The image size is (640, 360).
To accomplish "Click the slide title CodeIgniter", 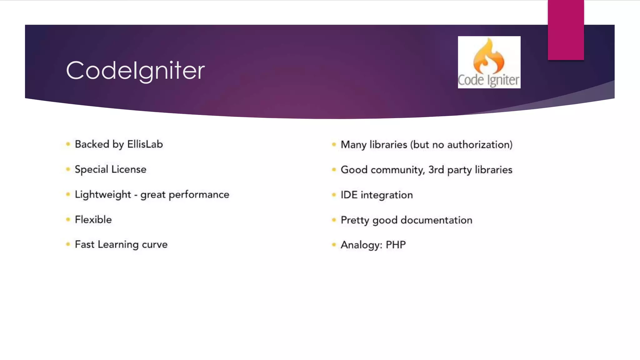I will click(135, 71).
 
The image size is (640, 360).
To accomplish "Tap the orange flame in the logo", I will click(488, 56).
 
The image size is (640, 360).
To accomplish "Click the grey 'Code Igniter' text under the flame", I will click(488, 80).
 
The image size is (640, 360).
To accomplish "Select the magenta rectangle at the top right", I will click(566, 30).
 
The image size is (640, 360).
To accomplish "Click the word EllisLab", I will click(145, 144).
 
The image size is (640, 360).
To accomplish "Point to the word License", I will click(129, 169).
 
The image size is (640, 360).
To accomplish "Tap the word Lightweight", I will click(103, 195).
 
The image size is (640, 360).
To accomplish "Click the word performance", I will click(199, 195).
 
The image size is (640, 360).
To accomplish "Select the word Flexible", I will click(93, 220).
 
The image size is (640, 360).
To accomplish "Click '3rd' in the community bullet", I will click(436, 170).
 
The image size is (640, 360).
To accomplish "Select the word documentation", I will click(436, 220).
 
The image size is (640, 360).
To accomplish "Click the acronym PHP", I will click(396, 245).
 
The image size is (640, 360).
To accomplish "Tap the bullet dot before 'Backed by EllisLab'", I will click(68, 144).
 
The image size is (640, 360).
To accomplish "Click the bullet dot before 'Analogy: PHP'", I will click(334, 245).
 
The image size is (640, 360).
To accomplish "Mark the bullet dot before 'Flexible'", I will click(68, 219).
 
